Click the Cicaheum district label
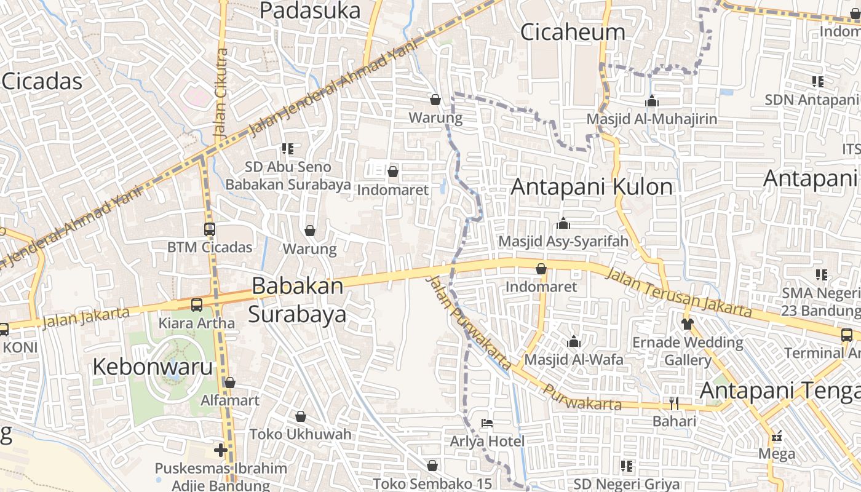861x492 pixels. tap(573, 32)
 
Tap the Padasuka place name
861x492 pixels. tap(310, 10)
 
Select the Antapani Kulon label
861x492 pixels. tap(592, 186)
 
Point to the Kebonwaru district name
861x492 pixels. tap(153, 367)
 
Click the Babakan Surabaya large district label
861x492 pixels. tap(298, 300)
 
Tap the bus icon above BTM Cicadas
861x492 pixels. tap(210, 229)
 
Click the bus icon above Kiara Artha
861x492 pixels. tap(197, 305)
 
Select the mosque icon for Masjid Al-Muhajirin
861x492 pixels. tap(652, 101)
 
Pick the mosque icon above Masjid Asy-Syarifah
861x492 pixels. tap(563, 223)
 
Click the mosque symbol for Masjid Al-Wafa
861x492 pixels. tap(574, 341)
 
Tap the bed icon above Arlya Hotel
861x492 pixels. tap(486, 423)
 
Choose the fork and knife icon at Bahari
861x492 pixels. tap(674, 403)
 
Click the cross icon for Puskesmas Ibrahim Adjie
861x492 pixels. tap(221, 450)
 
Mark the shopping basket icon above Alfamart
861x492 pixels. tap(230, 383)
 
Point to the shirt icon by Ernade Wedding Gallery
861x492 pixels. tap(688, 323)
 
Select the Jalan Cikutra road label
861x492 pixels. tap(221, 92)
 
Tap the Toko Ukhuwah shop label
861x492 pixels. tap(300, 434)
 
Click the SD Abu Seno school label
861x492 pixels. tap(288, 167)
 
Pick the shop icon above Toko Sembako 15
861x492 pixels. tap(432, 466)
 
